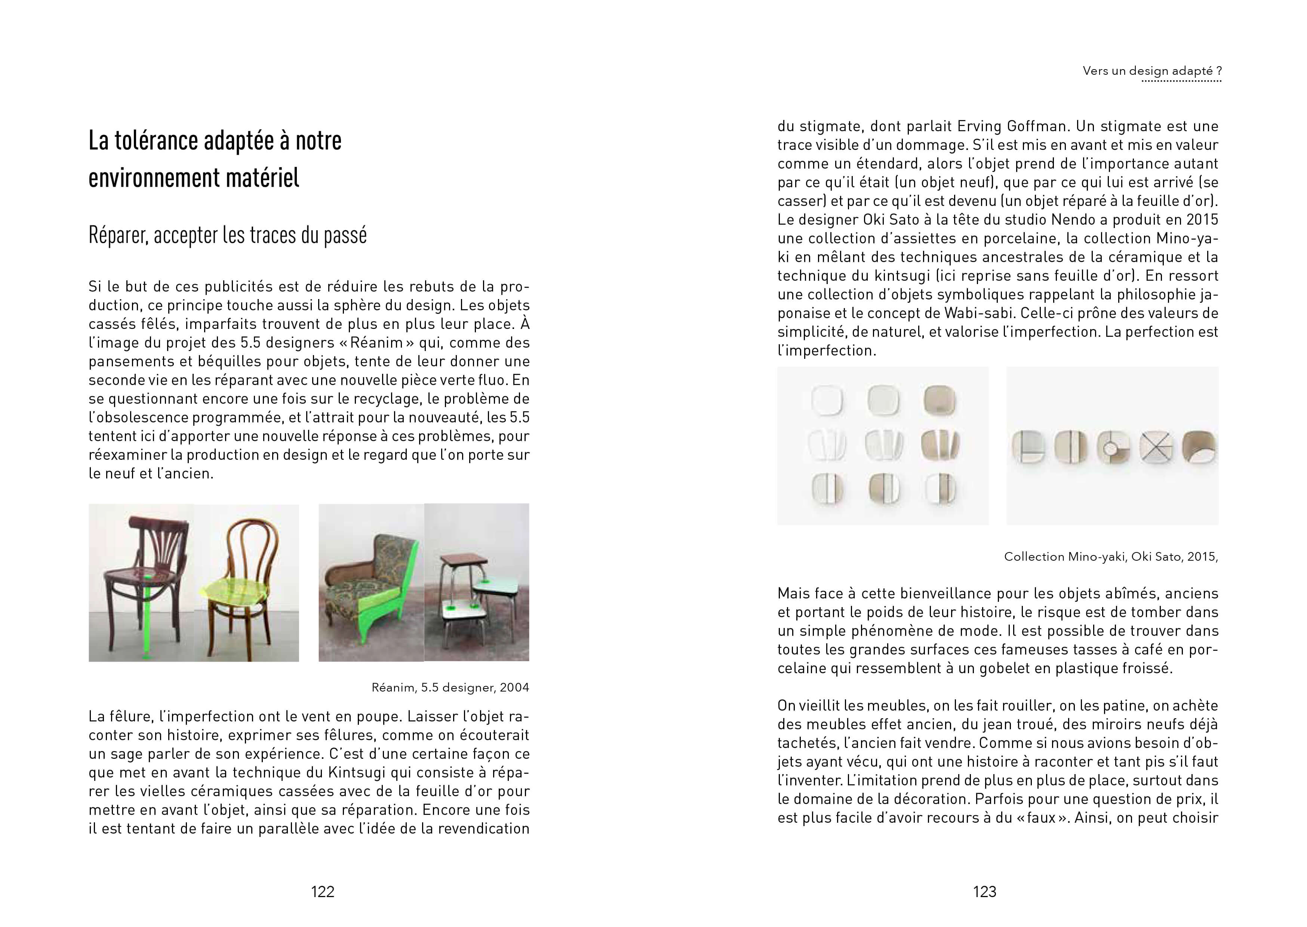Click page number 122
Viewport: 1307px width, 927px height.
pos(323,891)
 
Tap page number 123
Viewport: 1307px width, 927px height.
pos(984,891)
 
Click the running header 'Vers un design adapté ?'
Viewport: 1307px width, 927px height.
pos(1152,71)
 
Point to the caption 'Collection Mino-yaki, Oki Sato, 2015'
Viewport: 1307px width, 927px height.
pos(1111,557)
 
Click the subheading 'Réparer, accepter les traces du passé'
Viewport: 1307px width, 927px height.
pos(227,235)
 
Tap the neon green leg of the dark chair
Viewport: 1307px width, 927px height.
pos(147,622)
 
